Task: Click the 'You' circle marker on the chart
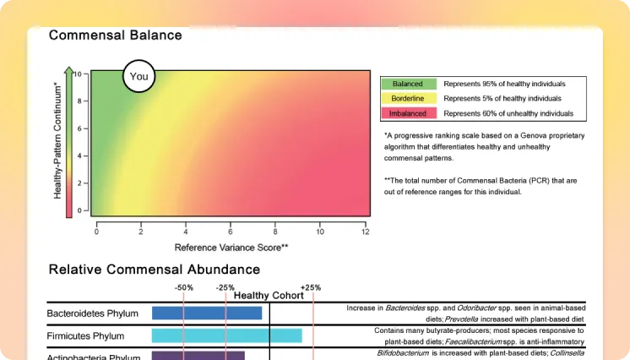139,76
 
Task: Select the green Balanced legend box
409,85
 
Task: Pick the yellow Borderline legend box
409,99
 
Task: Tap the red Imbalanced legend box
409,113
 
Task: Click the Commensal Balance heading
115,35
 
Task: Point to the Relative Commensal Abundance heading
154,270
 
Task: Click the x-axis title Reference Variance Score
231,247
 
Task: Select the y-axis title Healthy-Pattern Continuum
57,141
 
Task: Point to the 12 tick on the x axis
365,232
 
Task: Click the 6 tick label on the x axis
231,232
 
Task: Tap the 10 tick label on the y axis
78,74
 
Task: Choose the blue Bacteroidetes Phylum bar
207,314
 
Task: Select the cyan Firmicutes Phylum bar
226,335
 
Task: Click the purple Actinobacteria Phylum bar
198,356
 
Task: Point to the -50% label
184,287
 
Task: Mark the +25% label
311,287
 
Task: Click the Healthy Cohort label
269,296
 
